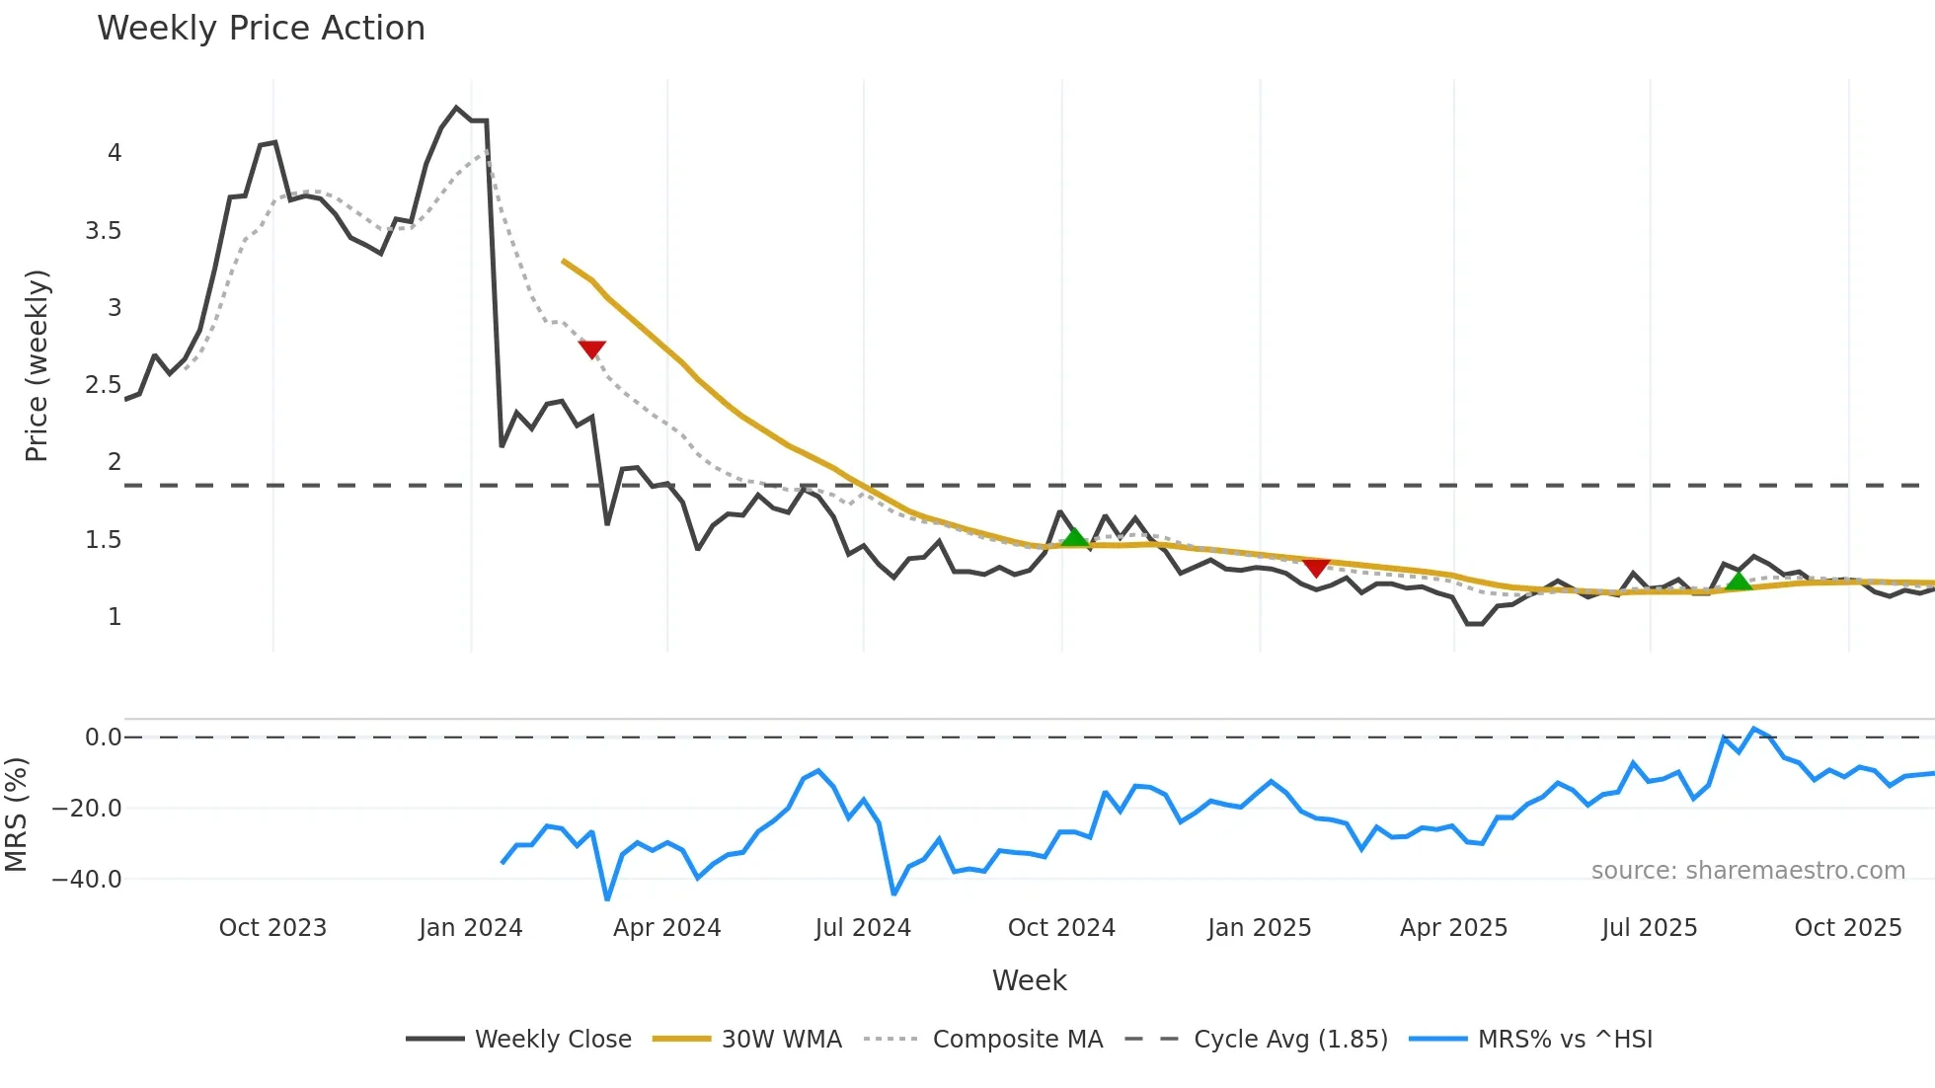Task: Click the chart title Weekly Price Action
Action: coord(261,29)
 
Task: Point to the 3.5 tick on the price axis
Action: coord(103,231)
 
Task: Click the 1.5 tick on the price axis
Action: coord(103,540)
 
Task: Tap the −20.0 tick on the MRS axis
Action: coord(87,809)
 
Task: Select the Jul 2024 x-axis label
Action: coord(863,928)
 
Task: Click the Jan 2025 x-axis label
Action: coord(1259,928)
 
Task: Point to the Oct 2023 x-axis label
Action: coord(272,928)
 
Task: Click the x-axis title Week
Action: coord(1029,980)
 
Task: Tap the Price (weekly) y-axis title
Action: coord(37,365)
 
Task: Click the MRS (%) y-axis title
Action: coord(16,815)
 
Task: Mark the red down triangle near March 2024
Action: coord(591,349)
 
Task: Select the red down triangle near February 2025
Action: coord(1316,568)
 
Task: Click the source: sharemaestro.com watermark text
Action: coord(1747,871)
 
